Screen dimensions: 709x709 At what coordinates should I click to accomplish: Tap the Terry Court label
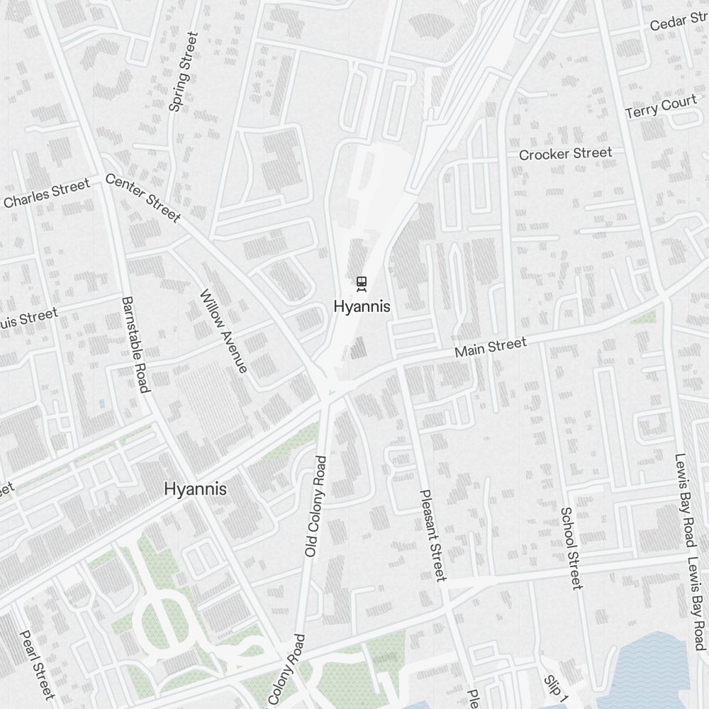point(661,108)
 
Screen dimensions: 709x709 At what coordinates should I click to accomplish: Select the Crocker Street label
point(565,154)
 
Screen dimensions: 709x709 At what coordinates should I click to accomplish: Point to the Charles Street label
point(47,194)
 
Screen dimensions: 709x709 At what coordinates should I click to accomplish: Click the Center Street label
point(143,198)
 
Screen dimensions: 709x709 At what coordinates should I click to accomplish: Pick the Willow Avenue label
point(224,331)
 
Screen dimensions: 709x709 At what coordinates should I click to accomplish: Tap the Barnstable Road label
point(135,344)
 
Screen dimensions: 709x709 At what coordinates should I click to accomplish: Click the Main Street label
point(491,347)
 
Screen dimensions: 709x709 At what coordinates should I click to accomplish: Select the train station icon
point(362,284)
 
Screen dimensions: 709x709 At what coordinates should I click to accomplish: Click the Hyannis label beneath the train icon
point(362,307)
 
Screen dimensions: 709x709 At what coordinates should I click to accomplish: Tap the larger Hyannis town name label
point(195,489)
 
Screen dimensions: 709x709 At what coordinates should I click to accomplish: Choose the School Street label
point(571,547)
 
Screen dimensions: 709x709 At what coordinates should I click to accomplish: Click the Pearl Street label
point(37,664)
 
